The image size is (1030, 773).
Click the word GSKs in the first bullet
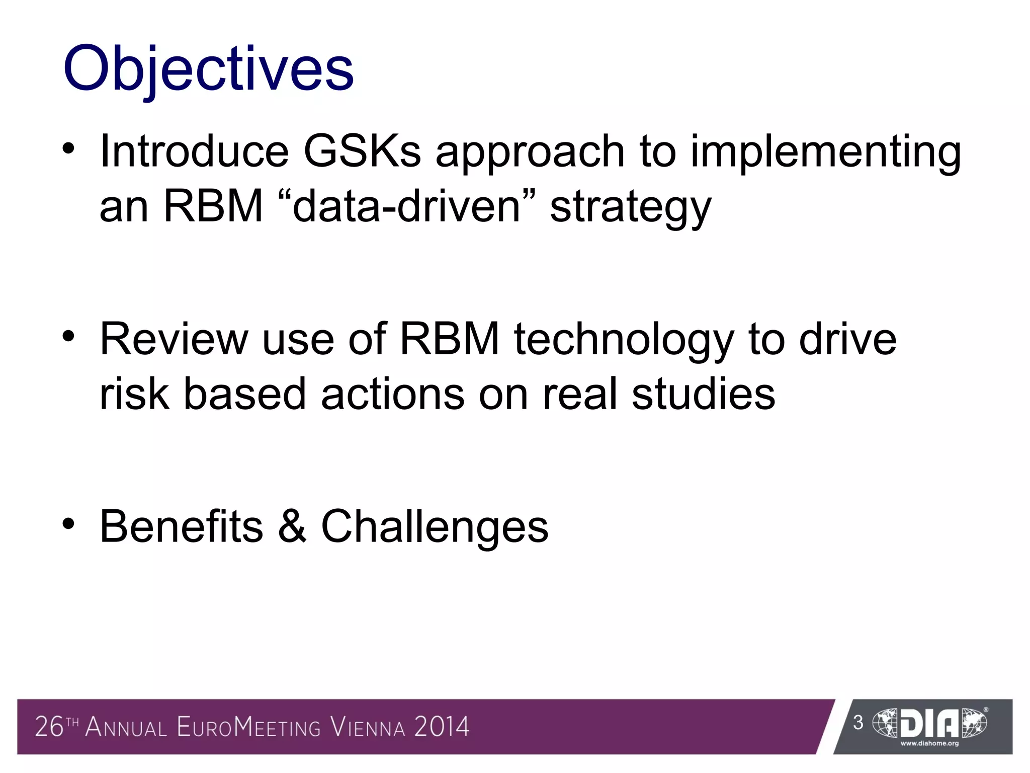362,151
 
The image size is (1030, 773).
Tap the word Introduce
194,151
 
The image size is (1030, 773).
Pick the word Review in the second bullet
174,339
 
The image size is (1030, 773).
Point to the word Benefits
182,526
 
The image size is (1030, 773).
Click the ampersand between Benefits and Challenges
292,526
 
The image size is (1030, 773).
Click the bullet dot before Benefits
69,524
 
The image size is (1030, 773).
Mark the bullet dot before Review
69,336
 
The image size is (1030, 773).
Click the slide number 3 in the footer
858,723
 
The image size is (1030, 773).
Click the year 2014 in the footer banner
442,727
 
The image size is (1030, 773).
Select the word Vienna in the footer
368,728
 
